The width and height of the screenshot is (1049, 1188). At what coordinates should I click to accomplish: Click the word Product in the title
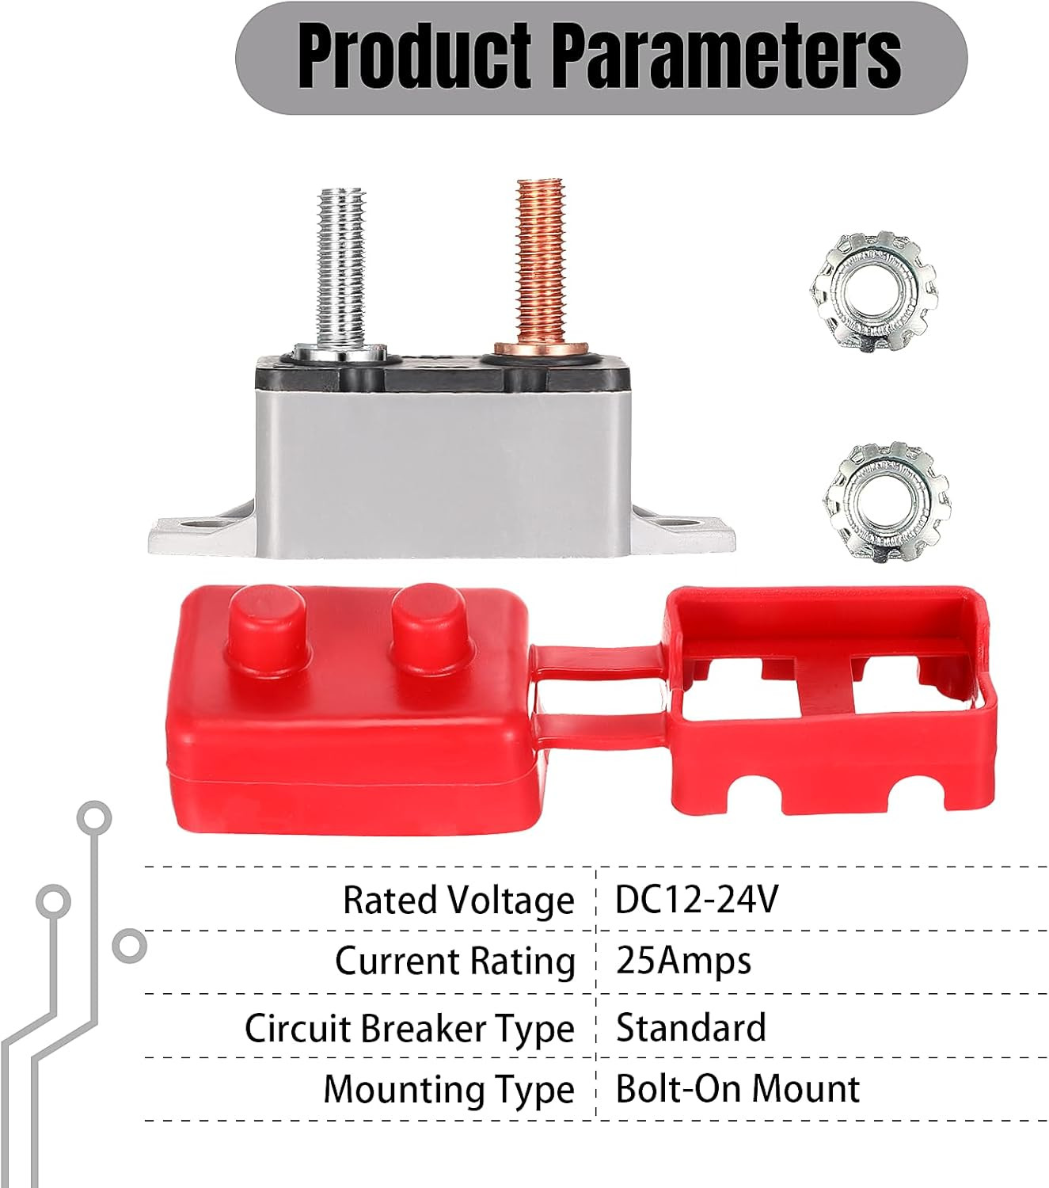[x=415, y=59]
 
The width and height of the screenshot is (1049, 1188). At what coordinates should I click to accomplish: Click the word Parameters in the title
[x=727, y=59]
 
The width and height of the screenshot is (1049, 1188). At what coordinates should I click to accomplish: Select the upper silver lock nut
[x=873, y=294]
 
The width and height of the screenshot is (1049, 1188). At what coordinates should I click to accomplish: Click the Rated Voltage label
[x=458, y=901]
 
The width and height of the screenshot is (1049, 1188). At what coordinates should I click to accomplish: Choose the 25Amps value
[x=683, y=962]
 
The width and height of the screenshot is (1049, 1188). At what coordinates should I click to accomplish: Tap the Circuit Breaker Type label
[x=409, y=1029]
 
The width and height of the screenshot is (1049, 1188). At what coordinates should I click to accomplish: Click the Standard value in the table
[x=690, y=1026]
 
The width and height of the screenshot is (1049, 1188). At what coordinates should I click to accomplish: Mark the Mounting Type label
[x=449, y=1090]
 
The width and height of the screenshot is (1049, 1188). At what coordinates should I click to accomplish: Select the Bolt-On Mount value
[x=738, y=1089]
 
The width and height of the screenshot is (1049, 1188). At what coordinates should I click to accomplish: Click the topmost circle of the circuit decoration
[x=94, y=817]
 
